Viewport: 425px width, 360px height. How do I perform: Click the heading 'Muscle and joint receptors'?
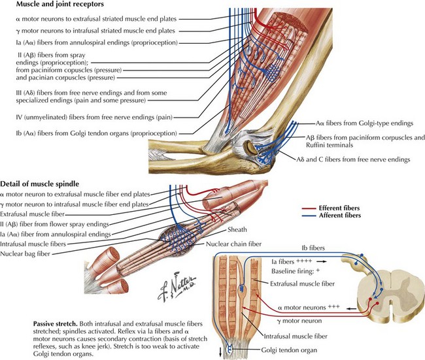tap(60, 4)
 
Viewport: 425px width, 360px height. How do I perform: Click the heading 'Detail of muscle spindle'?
tap(40, 184)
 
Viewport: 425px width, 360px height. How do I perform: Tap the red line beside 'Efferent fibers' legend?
tap(309, 208)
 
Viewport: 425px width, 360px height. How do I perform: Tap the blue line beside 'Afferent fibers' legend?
tap(309, 216)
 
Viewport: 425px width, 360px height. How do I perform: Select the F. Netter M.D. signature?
tap(176, 287)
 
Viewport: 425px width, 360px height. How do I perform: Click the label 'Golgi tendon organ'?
tap(289, 350)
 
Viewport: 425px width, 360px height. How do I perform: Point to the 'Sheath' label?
tap(237, 230)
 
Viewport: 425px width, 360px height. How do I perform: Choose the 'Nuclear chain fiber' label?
tap(233, 244)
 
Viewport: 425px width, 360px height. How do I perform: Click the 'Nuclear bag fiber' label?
tap(25, 254)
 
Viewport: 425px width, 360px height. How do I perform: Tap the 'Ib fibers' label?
tap(313, 248)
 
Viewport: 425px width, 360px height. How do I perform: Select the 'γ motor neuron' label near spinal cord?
tap(299, 321)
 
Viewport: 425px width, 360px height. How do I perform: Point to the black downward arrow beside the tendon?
tap(220, 352)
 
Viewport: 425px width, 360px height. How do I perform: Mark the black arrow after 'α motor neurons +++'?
tap(352, 308)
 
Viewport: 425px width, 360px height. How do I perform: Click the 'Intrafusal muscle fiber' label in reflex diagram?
tap(296, 336)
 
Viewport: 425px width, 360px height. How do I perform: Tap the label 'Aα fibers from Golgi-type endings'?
tap(364, 123)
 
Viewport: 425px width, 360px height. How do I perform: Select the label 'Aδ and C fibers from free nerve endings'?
tap(353, 159)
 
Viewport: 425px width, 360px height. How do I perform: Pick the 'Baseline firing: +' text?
tap(296, 271)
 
